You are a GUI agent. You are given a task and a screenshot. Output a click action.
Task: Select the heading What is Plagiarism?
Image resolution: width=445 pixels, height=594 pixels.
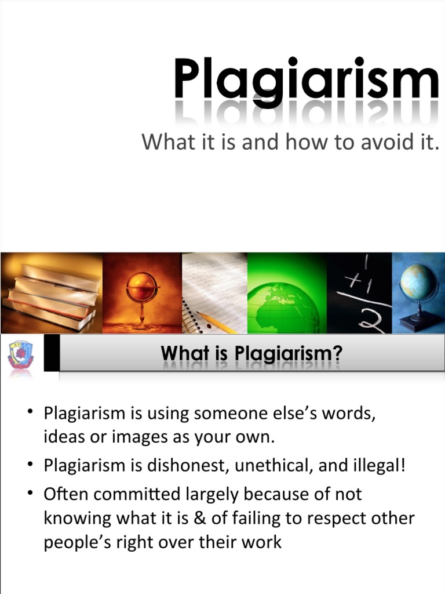click(247, 352)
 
